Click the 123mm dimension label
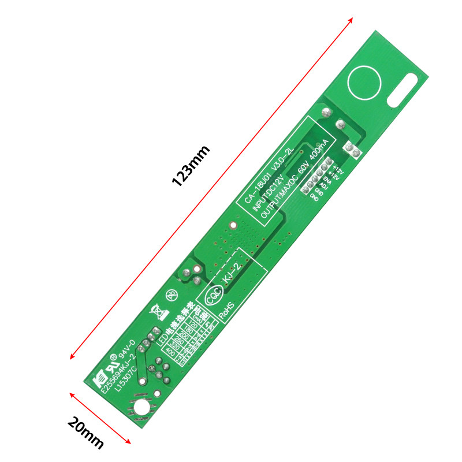click(191, 165)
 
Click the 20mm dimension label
click(85, 433)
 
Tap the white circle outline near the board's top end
click(365, 83)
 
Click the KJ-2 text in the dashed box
click(230, 272)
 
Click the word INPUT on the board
click(262, 196)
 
